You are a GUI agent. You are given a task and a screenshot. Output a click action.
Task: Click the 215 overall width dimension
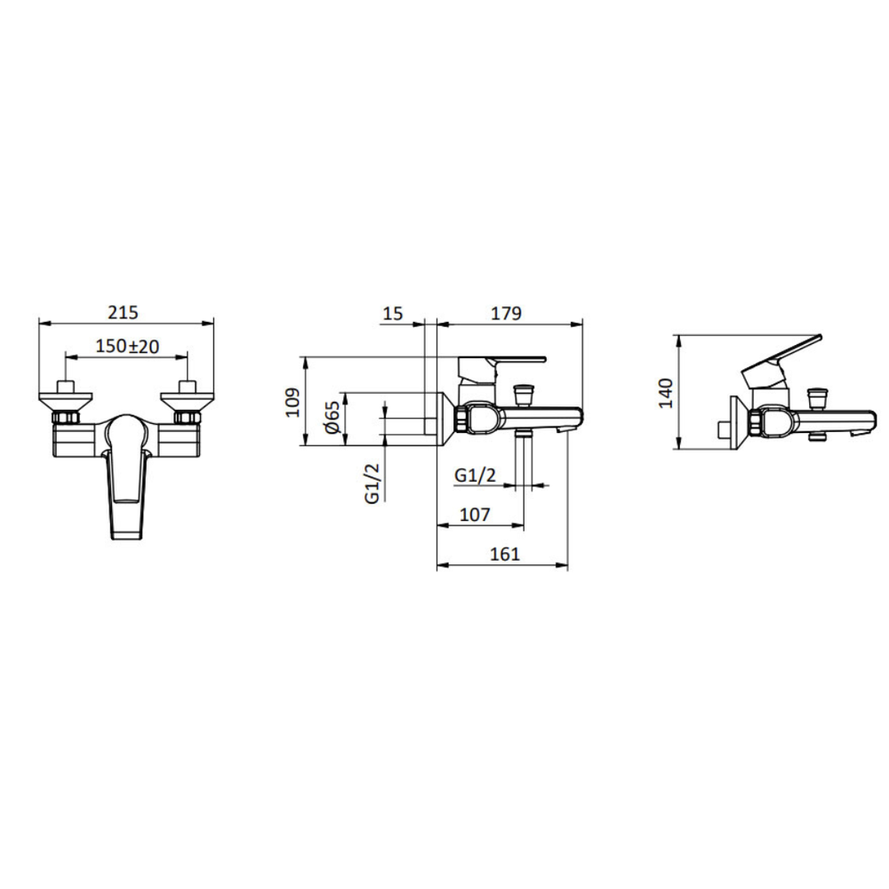(123, 312)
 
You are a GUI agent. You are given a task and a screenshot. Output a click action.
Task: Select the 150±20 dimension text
(127, 346)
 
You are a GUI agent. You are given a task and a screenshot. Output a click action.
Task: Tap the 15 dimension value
(393, 313)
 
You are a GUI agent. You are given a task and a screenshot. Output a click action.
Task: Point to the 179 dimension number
(506, 313)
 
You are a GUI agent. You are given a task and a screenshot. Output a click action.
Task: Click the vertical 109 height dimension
(292, 402)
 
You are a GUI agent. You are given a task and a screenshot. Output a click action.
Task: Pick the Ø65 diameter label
(332, 417)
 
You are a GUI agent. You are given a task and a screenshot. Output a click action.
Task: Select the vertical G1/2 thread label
(372, 483)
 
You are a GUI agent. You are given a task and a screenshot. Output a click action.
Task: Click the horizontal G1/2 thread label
(475, 475)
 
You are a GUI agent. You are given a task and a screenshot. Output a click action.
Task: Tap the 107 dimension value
(475, 514)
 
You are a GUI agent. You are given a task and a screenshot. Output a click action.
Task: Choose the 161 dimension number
(505, 554)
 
